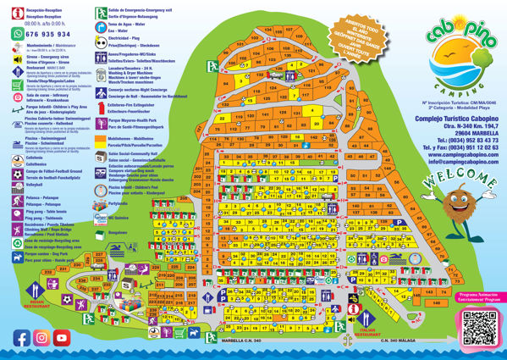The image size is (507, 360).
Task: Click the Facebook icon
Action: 21,337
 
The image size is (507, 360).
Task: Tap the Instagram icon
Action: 41,337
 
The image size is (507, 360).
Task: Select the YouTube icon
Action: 60,337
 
